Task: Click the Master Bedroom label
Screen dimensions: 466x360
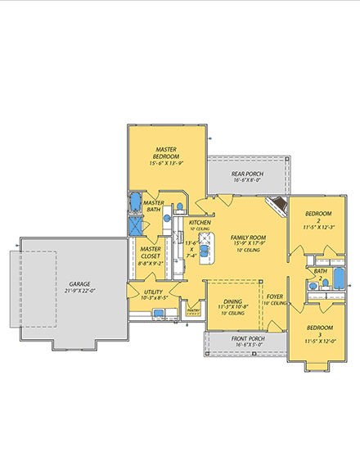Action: coord(167,153)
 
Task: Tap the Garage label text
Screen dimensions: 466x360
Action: coord(80,283)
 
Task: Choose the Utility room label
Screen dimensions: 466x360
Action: coord(152,292)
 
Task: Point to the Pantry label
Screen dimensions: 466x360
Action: coord(193,311)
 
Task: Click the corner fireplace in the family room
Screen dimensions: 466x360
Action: coord(280,205)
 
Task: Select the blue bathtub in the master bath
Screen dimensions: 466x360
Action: coord(136,202)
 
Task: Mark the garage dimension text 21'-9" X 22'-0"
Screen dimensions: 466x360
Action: coord(80,291)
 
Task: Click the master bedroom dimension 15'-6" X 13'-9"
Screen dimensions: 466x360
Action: coord(167,164)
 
